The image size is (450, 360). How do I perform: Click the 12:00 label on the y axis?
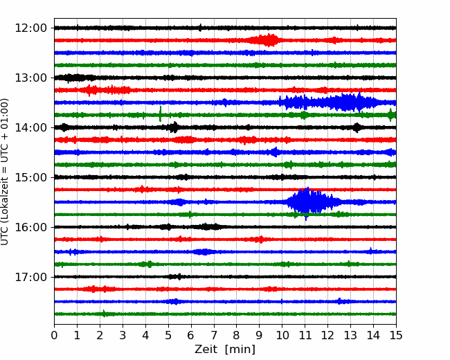30,28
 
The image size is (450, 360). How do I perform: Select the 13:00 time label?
30,78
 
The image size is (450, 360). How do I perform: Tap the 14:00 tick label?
30,127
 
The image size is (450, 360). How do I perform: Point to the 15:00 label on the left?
30,177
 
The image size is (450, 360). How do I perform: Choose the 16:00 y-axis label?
30,227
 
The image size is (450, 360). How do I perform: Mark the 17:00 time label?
30,277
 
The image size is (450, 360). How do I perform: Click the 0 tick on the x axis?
54,335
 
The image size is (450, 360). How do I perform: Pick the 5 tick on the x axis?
168,335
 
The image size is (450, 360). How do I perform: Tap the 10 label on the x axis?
282,335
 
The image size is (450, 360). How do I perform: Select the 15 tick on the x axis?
396,335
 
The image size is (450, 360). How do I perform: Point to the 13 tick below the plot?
350,335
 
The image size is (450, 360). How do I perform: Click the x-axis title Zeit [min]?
225,350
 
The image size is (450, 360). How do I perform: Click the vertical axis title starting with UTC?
5,172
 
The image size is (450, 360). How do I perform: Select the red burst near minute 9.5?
265,40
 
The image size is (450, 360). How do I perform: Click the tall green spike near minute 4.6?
160,114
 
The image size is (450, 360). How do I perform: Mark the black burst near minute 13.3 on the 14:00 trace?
357,127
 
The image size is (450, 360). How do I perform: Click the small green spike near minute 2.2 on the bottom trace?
104,314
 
